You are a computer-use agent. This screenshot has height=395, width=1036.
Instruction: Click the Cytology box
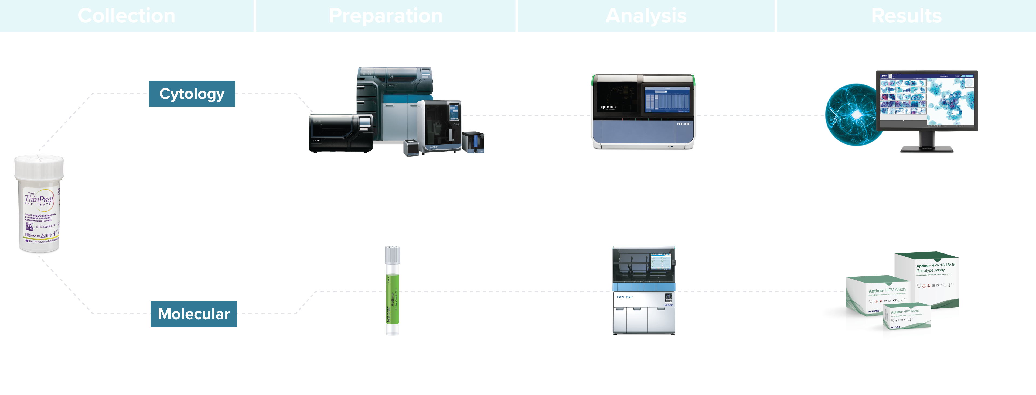[192, 94]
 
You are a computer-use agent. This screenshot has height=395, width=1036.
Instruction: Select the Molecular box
[193, 314]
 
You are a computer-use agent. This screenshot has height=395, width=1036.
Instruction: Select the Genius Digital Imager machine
[643, 111]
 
